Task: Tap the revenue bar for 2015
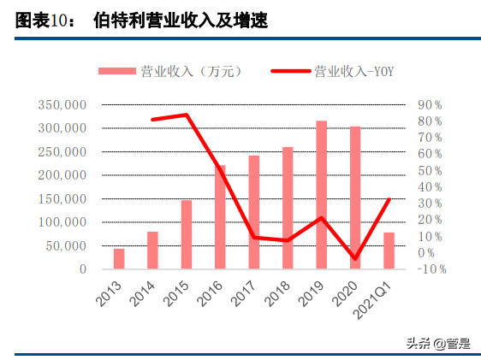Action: click(x=186, y=234)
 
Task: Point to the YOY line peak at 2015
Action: click(x=186, y=115)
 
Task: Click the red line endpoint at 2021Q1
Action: click(x=389, y=200)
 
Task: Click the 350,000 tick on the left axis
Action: click(x=61, y=105)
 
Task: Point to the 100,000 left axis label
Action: click(x=61, y=222)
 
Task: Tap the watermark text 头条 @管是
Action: click(x=437, y=344)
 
